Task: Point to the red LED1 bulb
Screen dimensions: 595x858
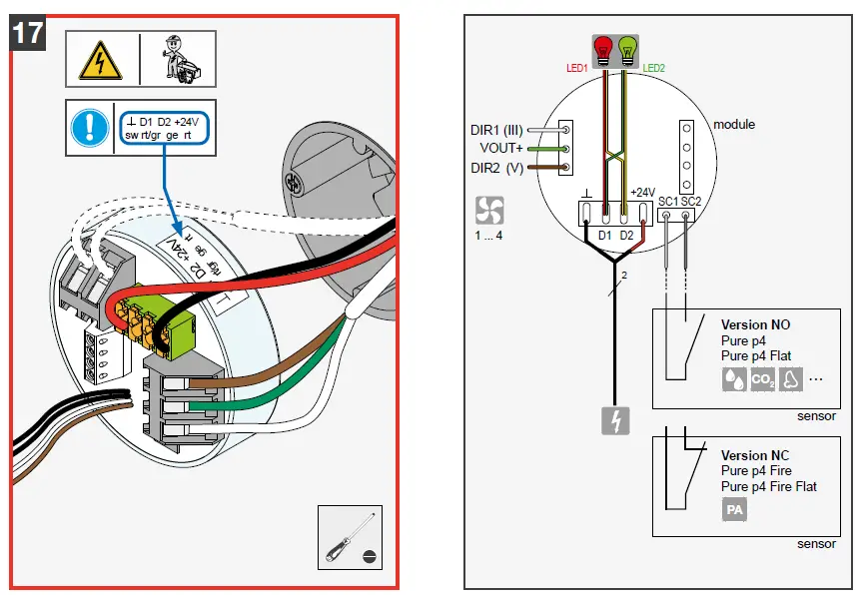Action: point(602,47)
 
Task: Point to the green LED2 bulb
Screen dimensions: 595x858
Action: point(628,47)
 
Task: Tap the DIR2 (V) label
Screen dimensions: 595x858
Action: point(497,168)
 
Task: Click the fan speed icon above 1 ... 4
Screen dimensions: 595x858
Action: point(489,210)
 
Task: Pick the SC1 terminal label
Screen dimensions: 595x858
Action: point(668,201)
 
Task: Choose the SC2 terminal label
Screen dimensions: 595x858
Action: point(691,201)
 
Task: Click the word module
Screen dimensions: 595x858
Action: point(734,125)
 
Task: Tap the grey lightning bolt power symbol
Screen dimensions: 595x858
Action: point(614,421)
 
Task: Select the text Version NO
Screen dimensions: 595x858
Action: point(756,324)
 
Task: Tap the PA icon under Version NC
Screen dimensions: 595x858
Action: point(734,510)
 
